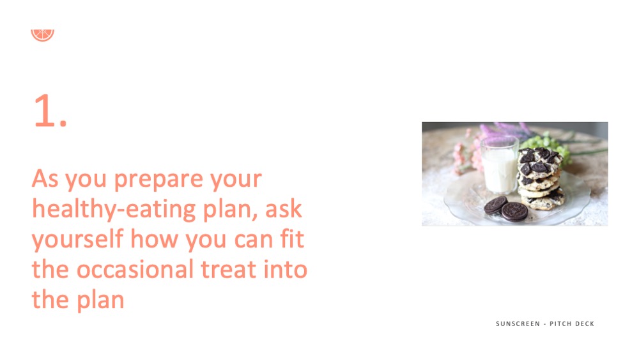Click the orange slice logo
pos(42,35)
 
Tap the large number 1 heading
pos(50,111)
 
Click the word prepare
pos(158,180)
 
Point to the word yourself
pos(77,240)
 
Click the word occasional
pos(135,269)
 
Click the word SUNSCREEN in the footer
pos(518,324)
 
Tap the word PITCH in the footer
pos(560,324)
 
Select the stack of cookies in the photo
pos(540,178)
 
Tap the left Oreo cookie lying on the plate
pos(495,205)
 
